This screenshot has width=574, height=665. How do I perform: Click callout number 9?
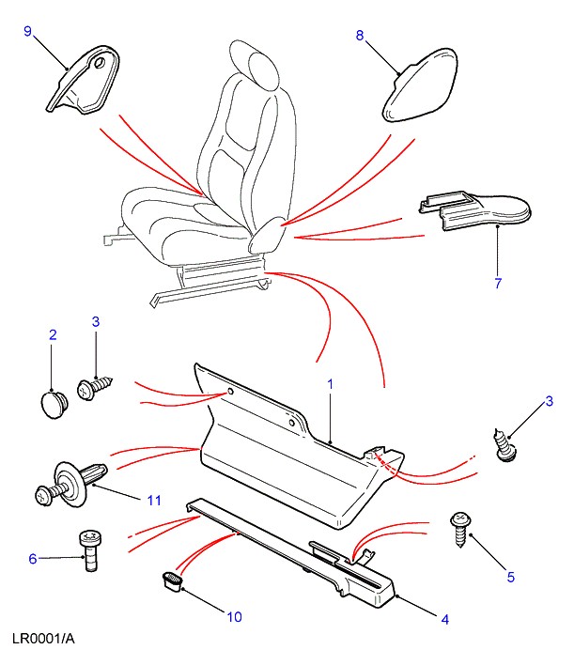pyautogui.click(x=27, y=32)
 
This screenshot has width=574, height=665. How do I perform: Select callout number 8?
pyautogui.click(x=359, y=36)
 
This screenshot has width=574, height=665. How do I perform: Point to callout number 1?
pyautogui.click(x=330, y=383)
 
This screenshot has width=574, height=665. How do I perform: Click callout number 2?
pyautogui.click(x=53, y=334)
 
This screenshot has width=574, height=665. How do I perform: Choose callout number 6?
pyautogui.click(x=33, y=559)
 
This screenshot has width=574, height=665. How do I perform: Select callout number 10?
pyautogui.click(x=234, y=617)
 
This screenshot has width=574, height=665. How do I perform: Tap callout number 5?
pyautogui.click(x=511, y=577)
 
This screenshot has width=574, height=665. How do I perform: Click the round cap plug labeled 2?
pyautogui.click(x=54, y=404)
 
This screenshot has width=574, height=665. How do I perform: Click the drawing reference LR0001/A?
pyautogui.click(x=43, y=639)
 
